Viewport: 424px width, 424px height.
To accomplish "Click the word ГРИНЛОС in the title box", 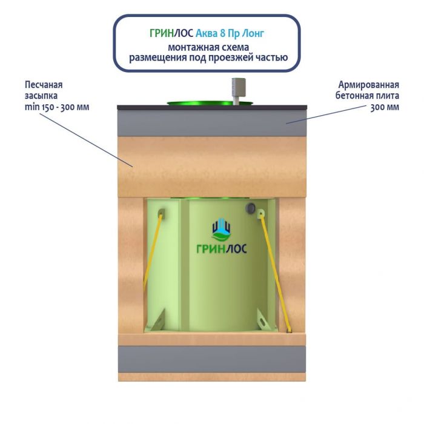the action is pos(171,33).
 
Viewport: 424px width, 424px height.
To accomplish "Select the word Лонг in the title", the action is pos(253,33).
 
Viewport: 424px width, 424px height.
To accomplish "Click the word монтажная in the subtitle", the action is pos(189,47).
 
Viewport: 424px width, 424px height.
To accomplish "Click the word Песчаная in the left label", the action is pos(44,85).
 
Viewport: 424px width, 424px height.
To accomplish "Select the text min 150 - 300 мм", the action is pos(57,107).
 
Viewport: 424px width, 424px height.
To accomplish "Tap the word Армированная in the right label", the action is pos(368,85).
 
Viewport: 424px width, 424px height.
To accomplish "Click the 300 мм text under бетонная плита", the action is pos(385,107).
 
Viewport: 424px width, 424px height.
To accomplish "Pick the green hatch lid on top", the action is pos(210,104).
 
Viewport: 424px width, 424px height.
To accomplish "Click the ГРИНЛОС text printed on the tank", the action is pos(222,248).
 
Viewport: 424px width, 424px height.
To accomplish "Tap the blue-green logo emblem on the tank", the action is pos(221,228).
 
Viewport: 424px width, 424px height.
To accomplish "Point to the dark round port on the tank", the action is pos(250,208).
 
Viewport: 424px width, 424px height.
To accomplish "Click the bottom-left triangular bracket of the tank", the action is pos(158,320).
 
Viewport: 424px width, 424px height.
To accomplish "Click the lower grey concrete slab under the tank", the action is pos(212,359).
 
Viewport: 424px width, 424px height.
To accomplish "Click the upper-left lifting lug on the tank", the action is pos(162,213).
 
